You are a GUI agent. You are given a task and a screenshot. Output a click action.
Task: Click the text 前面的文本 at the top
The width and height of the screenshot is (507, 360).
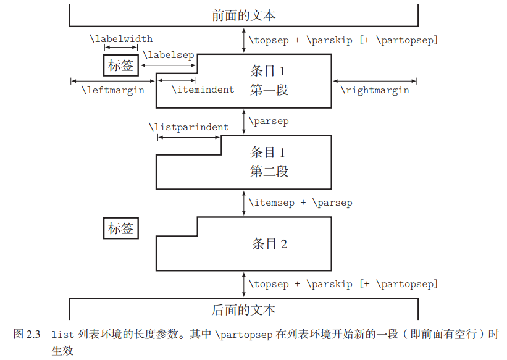click(243, 15)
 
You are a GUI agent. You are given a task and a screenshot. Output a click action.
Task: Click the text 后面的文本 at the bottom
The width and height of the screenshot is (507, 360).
click(243, 309)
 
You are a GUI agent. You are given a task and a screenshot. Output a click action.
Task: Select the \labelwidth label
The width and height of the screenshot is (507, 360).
click(121, 38)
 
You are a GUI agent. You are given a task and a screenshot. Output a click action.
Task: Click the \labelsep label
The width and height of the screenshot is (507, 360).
click(169, 54)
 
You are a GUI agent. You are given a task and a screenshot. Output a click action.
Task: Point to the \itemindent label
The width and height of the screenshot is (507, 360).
click(202, 90)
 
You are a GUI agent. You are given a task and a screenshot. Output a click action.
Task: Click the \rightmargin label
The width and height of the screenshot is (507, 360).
click(375, 90)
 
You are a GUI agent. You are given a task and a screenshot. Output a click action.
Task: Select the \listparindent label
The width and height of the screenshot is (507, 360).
click(188, 127)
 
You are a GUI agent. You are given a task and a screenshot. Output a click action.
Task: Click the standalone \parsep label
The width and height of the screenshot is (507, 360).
click(269, 121)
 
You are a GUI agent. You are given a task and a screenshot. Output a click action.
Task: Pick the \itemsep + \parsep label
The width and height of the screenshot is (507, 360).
click(300, 203)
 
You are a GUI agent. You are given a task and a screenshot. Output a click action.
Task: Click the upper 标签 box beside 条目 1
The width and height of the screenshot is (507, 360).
click(120, 65)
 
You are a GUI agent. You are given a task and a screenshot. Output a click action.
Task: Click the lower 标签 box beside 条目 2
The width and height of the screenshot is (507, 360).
click(120, 228)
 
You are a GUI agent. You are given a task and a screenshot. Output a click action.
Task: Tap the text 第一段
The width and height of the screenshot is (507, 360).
click(269, 90)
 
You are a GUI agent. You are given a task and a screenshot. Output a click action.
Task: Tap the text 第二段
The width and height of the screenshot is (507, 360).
click(269, 172)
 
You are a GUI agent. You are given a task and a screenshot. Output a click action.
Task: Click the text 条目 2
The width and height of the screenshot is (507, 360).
click(269, 244)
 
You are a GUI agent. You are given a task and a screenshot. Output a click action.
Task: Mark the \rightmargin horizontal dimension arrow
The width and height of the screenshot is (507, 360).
click(375, 81)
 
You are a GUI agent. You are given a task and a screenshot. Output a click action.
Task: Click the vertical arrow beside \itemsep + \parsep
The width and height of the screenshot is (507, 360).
click(244, 203)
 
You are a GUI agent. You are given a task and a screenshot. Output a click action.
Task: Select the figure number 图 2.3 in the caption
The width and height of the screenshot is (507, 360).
click(27, 335)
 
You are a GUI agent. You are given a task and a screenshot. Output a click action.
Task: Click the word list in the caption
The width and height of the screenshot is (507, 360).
click(62, 335)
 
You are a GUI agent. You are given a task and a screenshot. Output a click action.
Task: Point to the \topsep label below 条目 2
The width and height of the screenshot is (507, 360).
click(269, 284)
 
